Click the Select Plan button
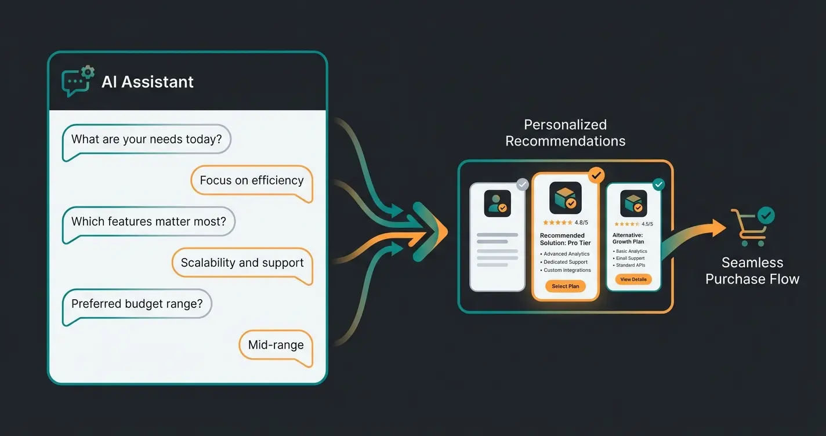(566, 286)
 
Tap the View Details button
(633, 279)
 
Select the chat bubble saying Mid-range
(276, 345)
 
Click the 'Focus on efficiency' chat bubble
(252, 180)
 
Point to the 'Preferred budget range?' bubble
(137, 304)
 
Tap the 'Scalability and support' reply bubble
(242, 263)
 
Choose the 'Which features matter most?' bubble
(148, 221)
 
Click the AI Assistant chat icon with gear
(78, 82)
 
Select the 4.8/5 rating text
(581, 223)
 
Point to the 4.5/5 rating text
(647, 224)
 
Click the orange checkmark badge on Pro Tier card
(596, 174)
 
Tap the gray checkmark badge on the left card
(523, 184)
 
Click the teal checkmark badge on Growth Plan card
(658, 184)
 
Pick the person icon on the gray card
(498, 204)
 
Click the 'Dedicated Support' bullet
(566, 262)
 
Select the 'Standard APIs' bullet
(631, 265)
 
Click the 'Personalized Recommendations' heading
(566, 133)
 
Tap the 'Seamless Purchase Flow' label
(752, 271)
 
